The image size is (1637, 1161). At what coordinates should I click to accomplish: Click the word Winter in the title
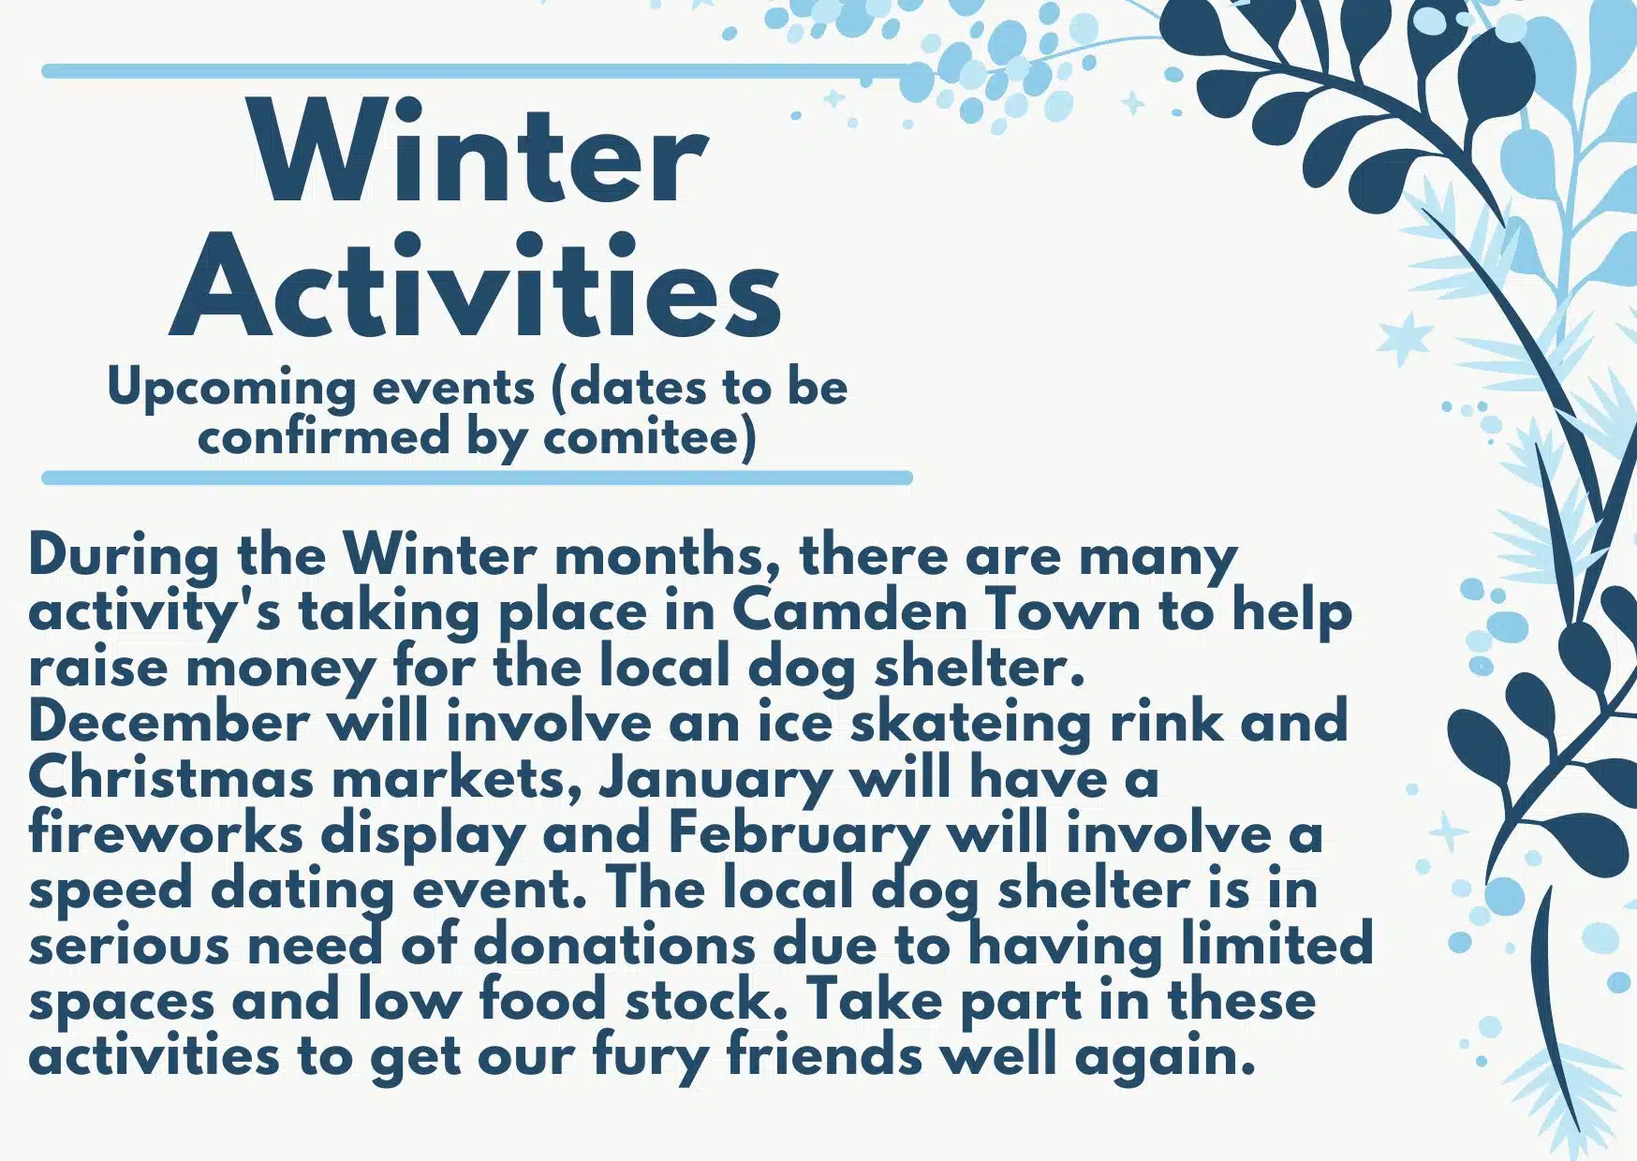(x=479, y=154)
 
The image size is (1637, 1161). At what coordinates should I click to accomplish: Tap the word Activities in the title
(x=475, y=287)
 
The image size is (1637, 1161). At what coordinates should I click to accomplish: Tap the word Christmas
(x=170, y=778)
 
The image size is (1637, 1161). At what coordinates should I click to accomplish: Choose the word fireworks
(x=166, y=833)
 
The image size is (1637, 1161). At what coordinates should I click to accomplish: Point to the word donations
(x=614, y=945)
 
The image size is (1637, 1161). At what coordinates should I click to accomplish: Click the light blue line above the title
(x=478, y=71)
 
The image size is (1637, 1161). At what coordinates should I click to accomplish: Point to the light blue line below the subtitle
(x=478, y=478)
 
